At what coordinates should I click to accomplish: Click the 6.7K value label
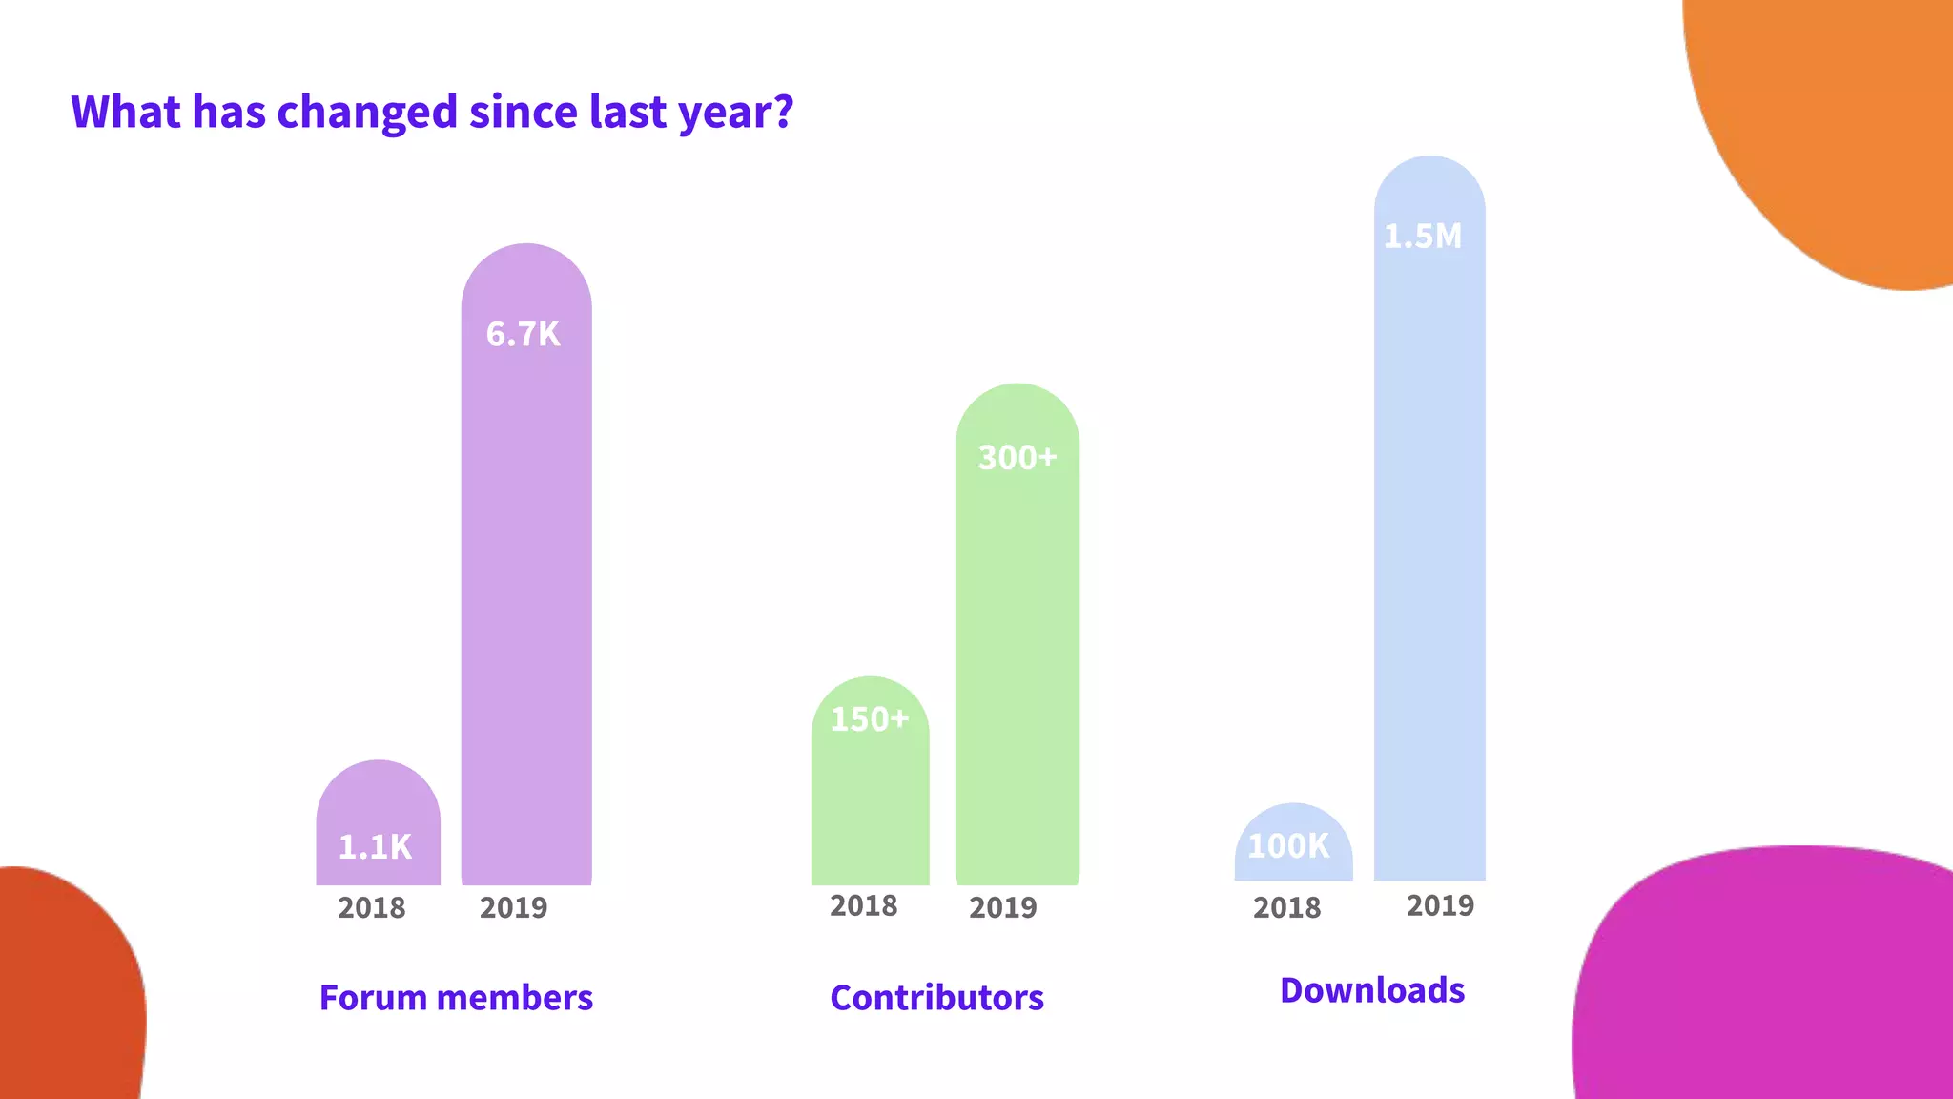pos(524,334)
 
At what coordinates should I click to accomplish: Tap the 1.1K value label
pos(375,846)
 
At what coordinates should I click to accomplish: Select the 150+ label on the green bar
pos(869,718)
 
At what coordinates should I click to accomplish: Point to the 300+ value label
pos(1018,457)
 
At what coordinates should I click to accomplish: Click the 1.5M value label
pos(1423,236)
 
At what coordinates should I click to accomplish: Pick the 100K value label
pos(1288,845)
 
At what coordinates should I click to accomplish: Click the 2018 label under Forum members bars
pos(372,907)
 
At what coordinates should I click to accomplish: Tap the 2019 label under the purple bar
pos(514,907)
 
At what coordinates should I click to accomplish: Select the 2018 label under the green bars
pos(864,905)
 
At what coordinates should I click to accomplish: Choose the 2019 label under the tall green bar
pos(1003,907)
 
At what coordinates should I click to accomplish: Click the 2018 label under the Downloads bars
pos(1287,907)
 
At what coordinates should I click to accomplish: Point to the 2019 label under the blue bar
pos(1441,905)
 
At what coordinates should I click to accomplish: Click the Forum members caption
pos(456,998)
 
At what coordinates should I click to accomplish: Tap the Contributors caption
pos(937,998)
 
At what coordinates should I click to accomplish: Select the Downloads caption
pos(1372,990)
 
